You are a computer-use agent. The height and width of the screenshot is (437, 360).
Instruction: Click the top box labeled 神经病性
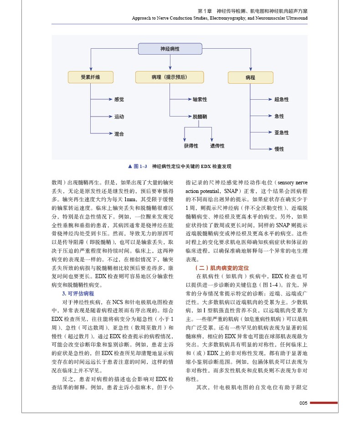tap(170, 49)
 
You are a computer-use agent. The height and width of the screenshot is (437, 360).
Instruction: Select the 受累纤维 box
tap(90, 77)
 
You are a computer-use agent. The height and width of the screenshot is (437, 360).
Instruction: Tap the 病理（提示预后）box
tap(169, 77)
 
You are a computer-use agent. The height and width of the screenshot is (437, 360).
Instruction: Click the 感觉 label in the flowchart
tap(119, 99)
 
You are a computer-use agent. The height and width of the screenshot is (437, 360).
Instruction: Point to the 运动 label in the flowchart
tap(119, 117)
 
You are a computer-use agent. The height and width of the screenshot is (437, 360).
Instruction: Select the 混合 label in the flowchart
tap(119, 134)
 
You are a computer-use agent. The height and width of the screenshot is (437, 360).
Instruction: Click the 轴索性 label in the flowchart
tap(200, 99)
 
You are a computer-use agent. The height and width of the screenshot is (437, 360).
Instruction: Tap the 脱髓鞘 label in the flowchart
tap(200, 117)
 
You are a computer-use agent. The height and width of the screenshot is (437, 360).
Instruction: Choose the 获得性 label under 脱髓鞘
tap(191, 146)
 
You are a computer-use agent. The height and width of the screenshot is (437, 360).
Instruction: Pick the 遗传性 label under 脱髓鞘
tap(217, 146)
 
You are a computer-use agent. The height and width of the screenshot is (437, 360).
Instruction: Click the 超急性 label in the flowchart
tap(281, 99)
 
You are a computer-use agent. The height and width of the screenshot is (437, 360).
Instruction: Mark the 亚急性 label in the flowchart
tap(281, 132)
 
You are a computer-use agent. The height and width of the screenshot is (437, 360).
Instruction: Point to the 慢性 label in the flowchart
tap(279, 149)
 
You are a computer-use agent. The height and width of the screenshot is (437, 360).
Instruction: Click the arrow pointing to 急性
tap(268, 116)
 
